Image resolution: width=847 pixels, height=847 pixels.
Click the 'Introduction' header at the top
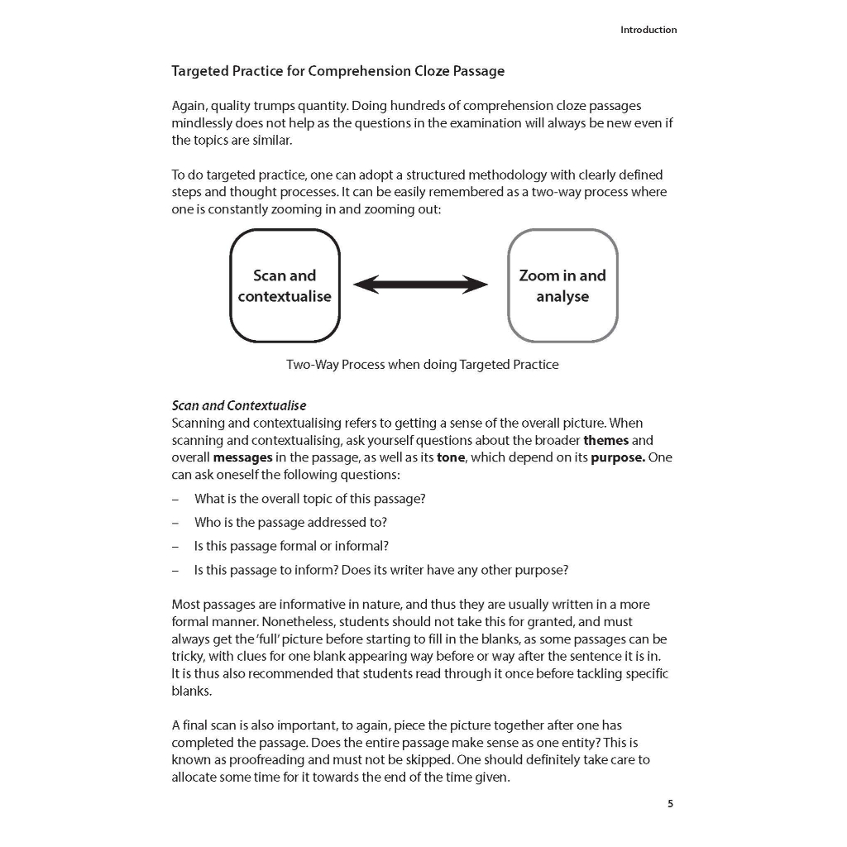point(648,30)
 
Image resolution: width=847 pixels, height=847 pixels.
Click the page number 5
point(671,803)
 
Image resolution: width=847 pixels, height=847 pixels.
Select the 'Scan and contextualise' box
point(285,285)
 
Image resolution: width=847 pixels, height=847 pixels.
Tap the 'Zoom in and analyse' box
point(562,285)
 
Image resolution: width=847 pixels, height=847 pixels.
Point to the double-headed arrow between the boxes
point(421,285)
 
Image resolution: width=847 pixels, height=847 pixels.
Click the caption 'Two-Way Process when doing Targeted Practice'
point(422,364)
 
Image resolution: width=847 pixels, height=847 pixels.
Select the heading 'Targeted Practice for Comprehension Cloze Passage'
point(337,71)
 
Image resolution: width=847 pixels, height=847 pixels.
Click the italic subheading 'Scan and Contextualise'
point(238,405)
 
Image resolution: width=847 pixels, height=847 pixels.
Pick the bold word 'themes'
point(606,440)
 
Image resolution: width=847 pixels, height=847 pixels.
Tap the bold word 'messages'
point(242,457)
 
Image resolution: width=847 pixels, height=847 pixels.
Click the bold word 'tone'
point(451,457)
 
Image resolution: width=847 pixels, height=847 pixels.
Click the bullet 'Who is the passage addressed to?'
point(290,522)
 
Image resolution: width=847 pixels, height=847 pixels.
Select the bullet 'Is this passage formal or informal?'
point(291,546)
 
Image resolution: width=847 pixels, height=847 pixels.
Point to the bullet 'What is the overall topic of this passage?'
point(309,499)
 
